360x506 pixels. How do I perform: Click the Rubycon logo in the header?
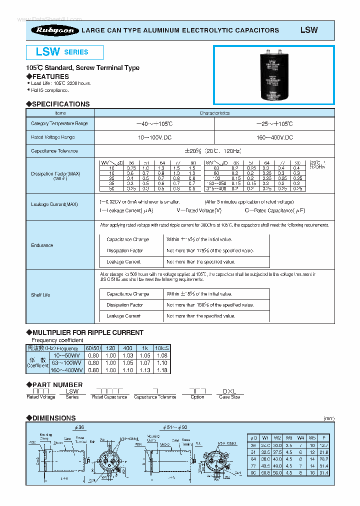tap(55, 30)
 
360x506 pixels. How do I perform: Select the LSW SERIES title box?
tap(64, 52)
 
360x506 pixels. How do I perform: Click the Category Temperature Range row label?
tap(59, 123)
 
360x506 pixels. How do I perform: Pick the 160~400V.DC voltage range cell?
tap(274, 137)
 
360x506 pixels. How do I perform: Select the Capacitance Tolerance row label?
tap(54, 150)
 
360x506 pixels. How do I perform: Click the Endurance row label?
tap(42, 245)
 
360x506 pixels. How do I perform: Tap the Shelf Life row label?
tap(40, 295)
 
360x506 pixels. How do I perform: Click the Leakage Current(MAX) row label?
tap(54, 204)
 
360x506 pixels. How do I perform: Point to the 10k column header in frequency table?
tap(161, 348)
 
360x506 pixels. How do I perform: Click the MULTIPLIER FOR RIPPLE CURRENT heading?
tap(87, 332)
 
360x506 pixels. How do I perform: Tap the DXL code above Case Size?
tap(229, 391)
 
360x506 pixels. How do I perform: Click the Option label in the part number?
tap(197, 397)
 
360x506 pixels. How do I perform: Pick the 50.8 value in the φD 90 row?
tap(265, 472)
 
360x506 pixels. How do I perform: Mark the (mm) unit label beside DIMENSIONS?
tap(328, 418)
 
